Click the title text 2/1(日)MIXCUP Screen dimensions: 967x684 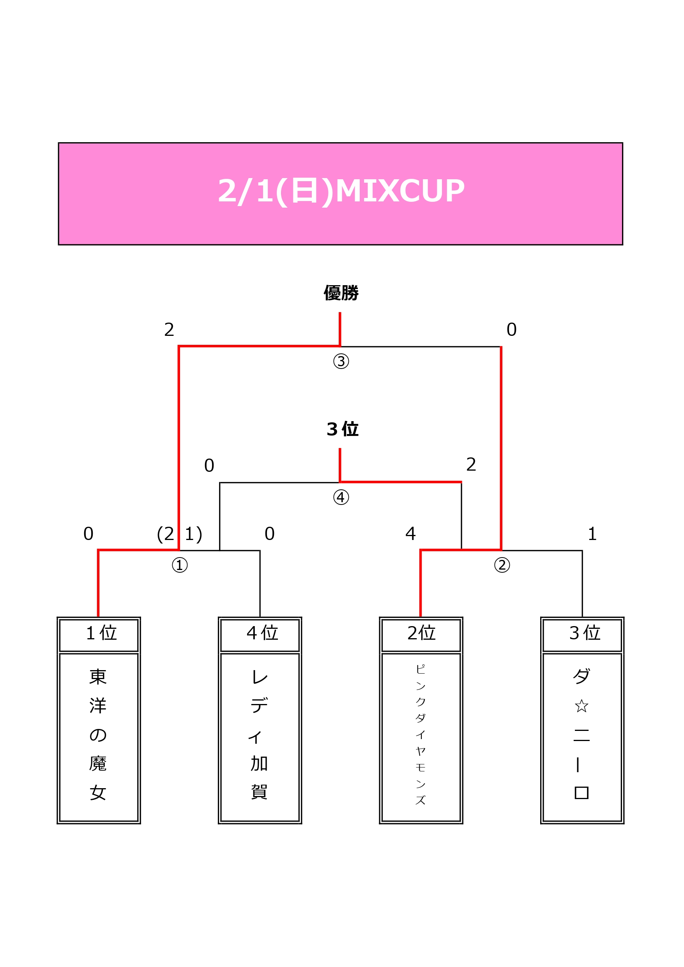pyautogui.click(x=341, y=191)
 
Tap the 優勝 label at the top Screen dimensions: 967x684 pyautogui.click(x=341, y=293)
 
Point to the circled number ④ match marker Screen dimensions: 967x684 pyautogui.click(x=341, y=498)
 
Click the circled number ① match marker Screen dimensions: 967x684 pyautogui.click(x=180, y=565)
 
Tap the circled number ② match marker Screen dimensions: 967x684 pyautogui.click(x=502, y=565)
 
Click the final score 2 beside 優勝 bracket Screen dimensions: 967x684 pyautogui.click(x=169, y=330)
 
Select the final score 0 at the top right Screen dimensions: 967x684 pyautogui.click(x=511, y=330)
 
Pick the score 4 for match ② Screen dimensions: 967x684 pyautogui.click(x=410, y=534)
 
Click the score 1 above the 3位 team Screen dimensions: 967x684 pyautogui.click(x=592, y=534)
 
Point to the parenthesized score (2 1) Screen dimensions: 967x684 pyautogui.click(x=180, y=534)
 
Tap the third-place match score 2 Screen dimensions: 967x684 pyautogui.click(x=471, y=464)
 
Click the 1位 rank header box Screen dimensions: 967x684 pyautogui.click(x=99, y=635)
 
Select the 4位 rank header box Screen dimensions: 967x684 pyautogui.click(x=260, y=635)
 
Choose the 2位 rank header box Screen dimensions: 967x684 pyautogui.click(x=421, y=635)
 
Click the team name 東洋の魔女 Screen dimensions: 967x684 pyautogui.click(x=98, y=734)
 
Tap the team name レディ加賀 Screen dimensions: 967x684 pyautogui.click(x=259, y=734)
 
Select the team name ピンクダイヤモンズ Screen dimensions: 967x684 pyautogui.click(x=421, y=734)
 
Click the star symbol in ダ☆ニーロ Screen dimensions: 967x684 pyautogui.click(x=581, y=706)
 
